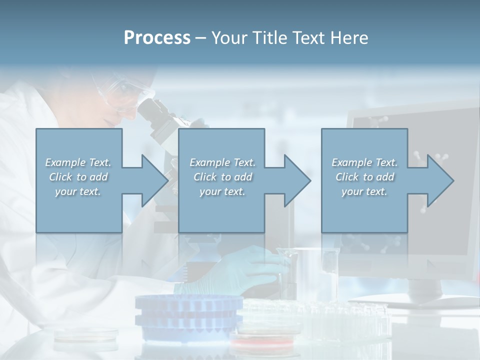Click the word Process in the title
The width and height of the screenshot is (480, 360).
pos(157,38)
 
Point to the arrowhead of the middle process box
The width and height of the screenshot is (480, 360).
pos(296,180)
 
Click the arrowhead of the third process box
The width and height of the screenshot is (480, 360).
pos(439,180)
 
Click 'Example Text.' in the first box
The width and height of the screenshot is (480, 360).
pos(78,162)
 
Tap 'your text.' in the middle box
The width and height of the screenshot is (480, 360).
pos(222,191)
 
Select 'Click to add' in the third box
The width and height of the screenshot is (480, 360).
pos(364,177)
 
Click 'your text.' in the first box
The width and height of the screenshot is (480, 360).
pos(78,191)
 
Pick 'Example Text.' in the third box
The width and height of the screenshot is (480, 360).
pos(364,162)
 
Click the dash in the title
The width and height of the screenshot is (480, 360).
pos(200,38)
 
